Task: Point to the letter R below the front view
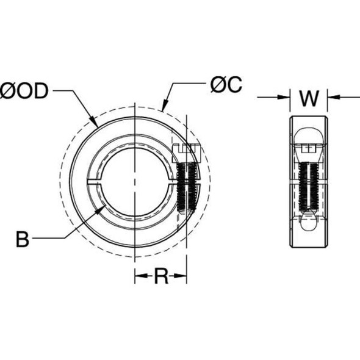(x=160, y=277)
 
